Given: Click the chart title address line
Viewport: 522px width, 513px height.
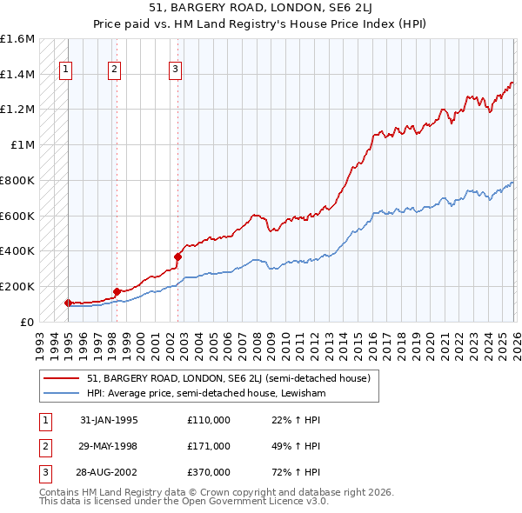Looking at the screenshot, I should click(261, 10).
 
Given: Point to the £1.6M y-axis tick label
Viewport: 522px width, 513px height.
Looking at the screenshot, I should click(17, 39).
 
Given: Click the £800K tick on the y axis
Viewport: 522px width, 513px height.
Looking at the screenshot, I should click(17, 180).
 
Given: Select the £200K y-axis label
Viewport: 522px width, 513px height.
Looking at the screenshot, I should click(17, 286).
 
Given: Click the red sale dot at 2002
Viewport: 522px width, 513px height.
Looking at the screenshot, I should click(177, 256).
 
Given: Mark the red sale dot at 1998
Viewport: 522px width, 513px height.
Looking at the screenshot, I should click(117, 291).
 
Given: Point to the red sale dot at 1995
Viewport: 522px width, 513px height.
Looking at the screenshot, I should click(69, 303).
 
